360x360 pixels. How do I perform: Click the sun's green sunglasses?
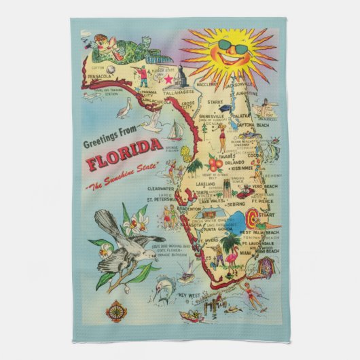pos(232,46)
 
